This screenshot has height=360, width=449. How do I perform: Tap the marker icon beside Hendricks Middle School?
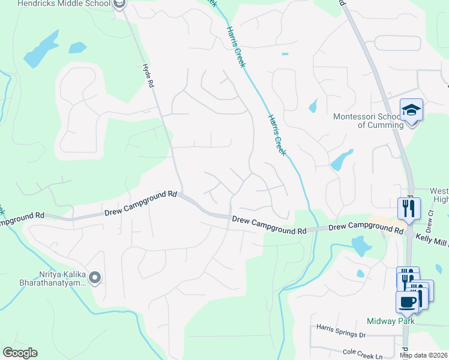click(x=119, y=4)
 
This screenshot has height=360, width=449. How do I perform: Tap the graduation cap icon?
click(x=412, y=110)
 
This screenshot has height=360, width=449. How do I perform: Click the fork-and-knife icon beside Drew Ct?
click(x=409, y=209)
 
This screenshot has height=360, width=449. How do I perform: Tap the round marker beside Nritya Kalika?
click(x=94, y=277)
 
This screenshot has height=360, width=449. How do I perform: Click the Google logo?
click(x=20, y=353)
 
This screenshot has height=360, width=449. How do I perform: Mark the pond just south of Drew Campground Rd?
click(x=361, y=245)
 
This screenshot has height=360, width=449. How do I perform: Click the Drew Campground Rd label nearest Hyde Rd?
click(x=142, y=203)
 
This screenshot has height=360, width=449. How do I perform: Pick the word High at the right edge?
click(x=441, y=199)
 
